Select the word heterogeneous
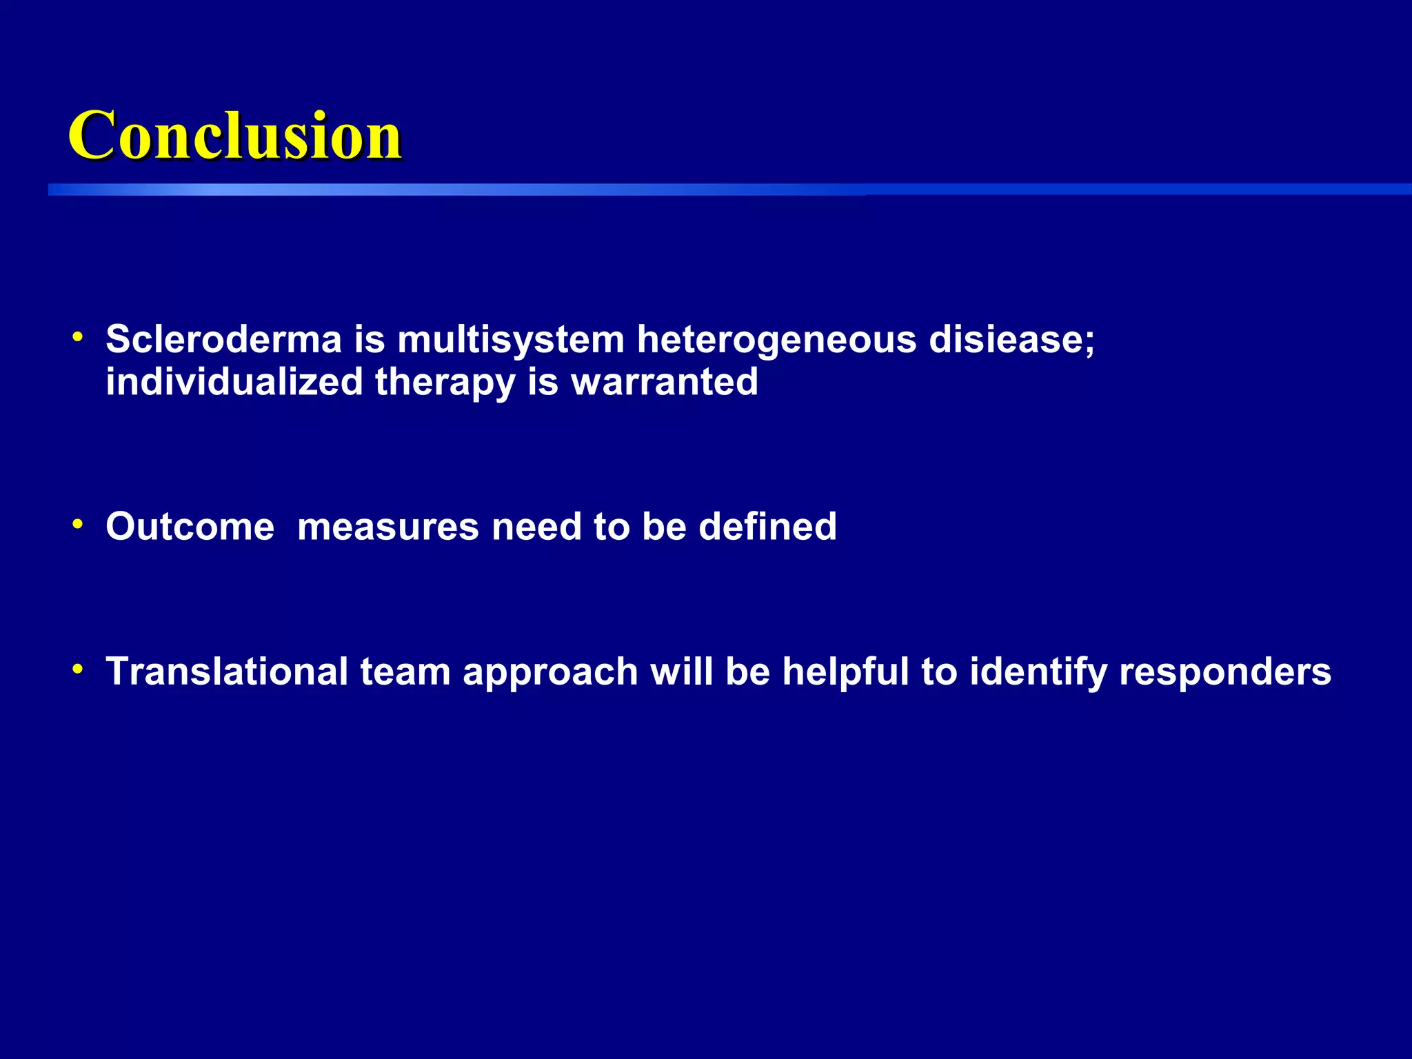(x=776, y=341)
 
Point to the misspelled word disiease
(x=1011, y=339)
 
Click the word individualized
(x=234, y=382)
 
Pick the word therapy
(x=445, y=383)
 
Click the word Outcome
(x=190, y=527)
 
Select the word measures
(x=388, y=527)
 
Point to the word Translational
(x=227, y=672)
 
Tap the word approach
(x=550, y=673)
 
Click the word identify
(x=1038, y=673)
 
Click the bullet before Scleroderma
(x=78, y=338)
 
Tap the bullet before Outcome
(x=78, y=525)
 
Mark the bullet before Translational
(x=78, y=669)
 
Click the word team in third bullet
(x=405, y=672)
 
